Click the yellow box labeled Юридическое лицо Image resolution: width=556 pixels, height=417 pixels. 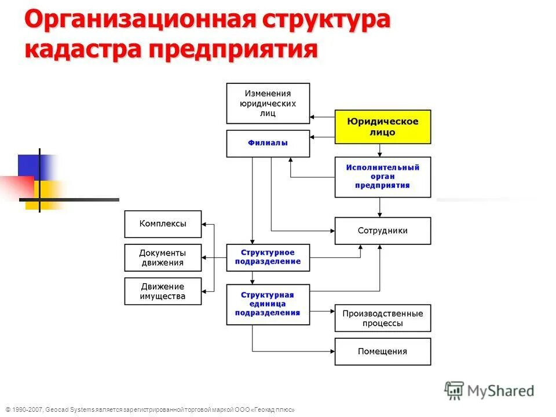[x=383, y=127]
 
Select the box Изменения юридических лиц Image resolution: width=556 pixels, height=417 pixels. [x=268, y=103]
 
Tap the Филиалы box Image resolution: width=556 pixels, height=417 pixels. [x=268, y=143]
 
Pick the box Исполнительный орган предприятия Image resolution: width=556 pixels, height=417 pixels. [x=383, y=177]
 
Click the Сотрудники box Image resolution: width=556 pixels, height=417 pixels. [x=383, y=231]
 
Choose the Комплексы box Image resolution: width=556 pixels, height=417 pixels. [x=163, y=224]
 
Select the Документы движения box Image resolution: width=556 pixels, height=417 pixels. [x=163, y=258]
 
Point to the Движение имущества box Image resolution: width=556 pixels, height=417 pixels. [x=163, y=291]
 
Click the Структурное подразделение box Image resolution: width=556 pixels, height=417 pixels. [x=268, y=257]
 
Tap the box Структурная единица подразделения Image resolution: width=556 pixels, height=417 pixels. [x=268, y=303]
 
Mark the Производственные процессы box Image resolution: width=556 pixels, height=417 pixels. [x=383, y=318]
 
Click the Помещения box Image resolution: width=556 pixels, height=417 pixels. [x=383, y=352]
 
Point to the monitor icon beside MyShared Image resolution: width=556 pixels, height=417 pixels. [x=455, y=390]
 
